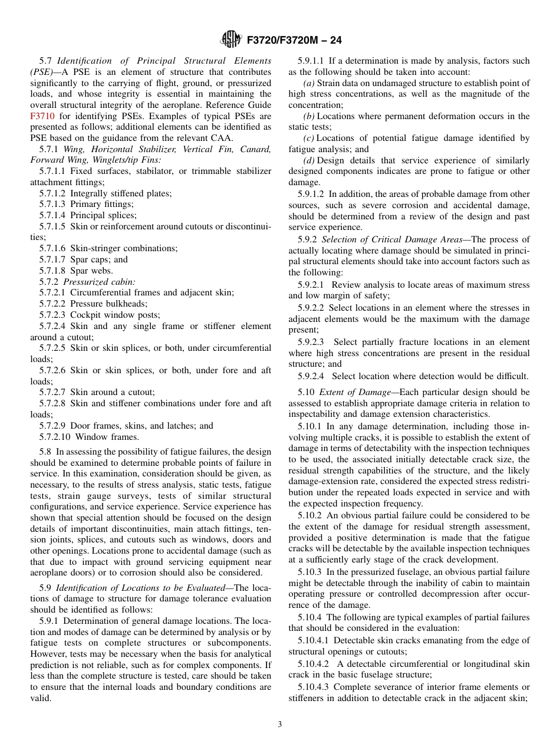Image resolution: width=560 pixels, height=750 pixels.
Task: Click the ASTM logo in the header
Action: (x=231, y=40)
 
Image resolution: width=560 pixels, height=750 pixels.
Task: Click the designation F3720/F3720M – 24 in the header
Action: (x=294, y=40)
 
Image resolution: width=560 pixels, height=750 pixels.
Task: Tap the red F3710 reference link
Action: (x=42, y=116)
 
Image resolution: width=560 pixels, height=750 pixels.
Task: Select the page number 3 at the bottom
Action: (x=280, y=724)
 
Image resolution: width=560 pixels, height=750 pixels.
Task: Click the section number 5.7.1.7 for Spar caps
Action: (x=52, y=259)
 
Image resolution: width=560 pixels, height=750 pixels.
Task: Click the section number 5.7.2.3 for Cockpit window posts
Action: (x=52, y=315)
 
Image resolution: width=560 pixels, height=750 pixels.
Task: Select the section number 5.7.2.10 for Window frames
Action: (x=55, y=437)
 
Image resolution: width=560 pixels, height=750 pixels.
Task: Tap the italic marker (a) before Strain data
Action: (x=309, y=83)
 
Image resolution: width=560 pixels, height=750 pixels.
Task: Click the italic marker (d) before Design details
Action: (x=309, y=160)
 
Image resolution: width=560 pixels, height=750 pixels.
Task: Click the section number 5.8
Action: (x=46, y=452)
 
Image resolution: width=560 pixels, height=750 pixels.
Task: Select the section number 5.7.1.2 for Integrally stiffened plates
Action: (x=52, y=193)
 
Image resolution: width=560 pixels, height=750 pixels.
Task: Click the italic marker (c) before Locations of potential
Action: (x=309, y=138)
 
